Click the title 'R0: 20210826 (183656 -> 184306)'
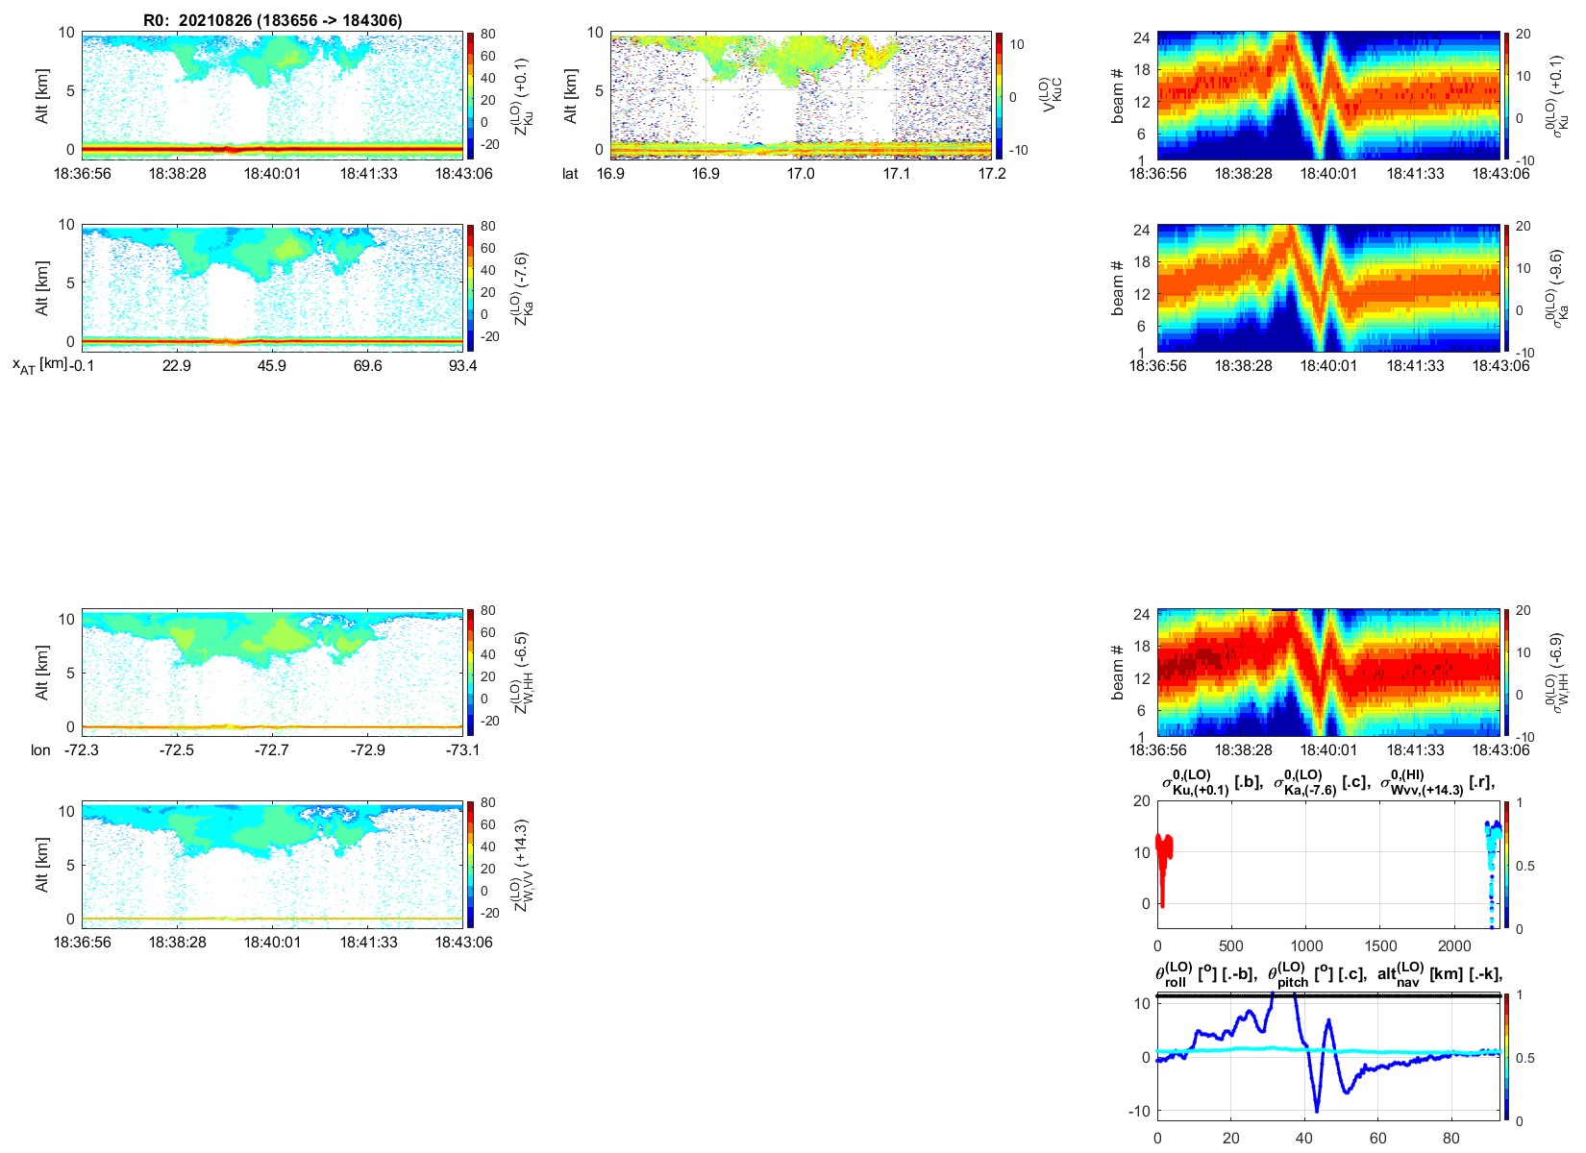(x=273, y=20)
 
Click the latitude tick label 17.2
(x=991, y=174)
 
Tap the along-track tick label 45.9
(x=272, y=366)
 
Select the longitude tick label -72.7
(x=272, y=750)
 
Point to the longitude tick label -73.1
(x=462, y=750)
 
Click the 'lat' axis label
(x=570, y=174)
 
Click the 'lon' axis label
(x=40, y=750)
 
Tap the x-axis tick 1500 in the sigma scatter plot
(x=1380, y=946)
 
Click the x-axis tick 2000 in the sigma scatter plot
(x=1454, y=946)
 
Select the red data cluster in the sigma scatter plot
(x=1163, y=855)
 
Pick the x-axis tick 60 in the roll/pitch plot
(x=1377, y=1139)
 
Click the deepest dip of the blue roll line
(x=1317, y=1111)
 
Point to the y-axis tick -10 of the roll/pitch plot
(x=1141, y=1111)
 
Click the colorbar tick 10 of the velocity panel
(x=1017, y=44)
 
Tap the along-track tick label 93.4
(x=462, y=366)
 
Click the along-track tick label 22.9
(x=177, y=366)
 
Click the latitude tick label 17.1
(x=896, y=174)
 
